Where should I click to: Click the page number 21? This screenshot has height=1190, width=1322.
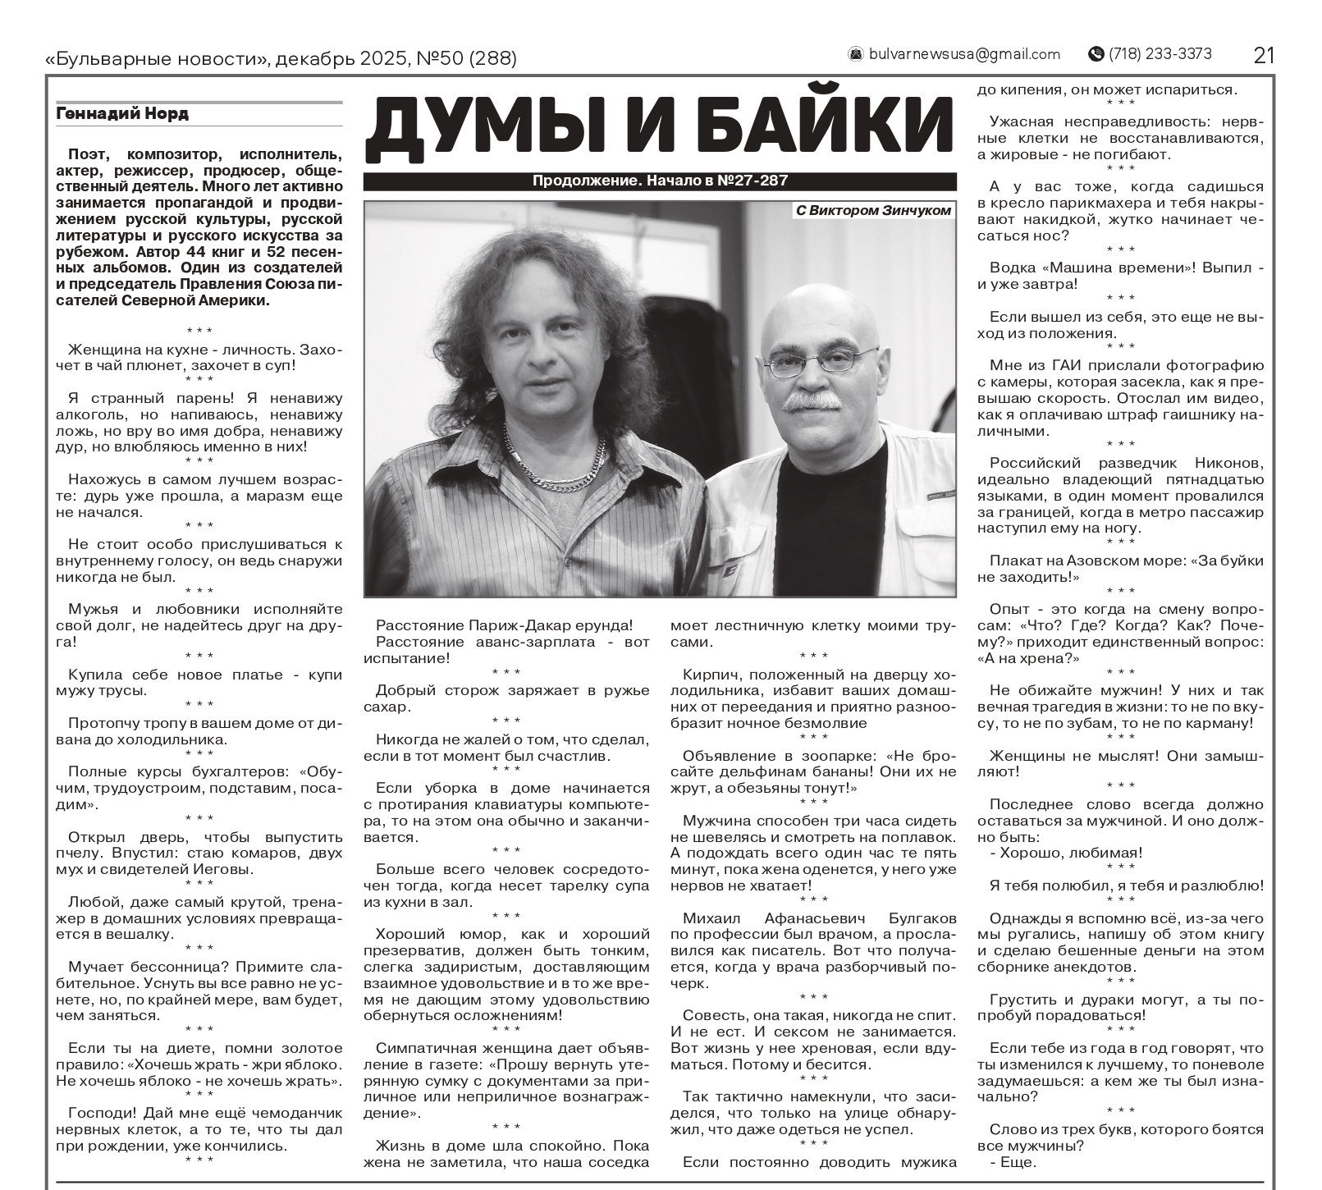pyautogui.click(x=1264, y=55)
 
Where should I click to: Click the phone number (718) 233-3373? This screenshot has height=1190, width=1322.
pyautogui.click(x=1160, y=54)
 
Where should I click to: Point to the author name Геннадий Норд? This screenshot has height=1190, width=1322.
pyautogui.click(x=122, y=114)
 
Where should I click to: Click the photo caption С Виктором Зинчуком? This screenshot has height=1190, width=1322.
pyautogui.click(x=873, y=211)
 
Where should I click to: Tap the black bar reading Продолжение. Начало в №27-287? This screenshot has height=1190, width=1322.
pyautogui.click(x=660, y=181)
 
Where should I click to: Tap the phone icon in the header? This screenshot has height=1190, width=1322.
pyautogui.click(x=1096, y=54)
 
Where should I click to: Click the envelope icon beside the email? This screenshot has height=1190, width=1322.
pyautogui.click(x=856, y=54)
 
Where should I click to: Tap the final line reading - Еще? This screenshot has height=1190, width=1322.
pyautogui.click(x=1013, y=1162)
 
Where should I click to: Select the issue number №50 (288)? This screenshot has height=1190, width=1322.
pyautogui.click(x=467, y=59)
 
